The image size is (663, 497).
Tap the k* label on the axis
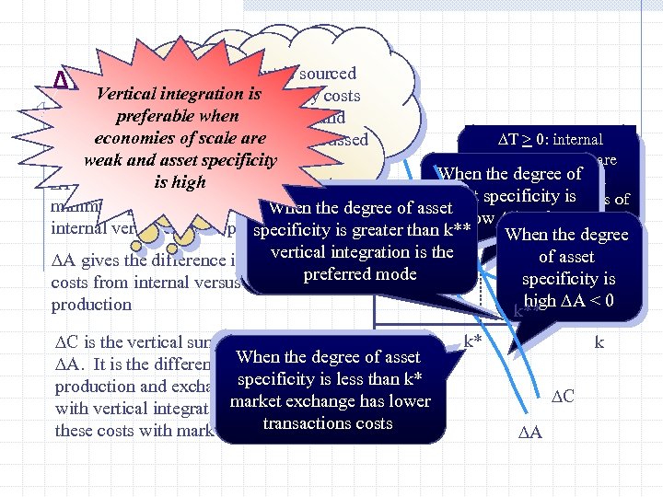pos(472,341)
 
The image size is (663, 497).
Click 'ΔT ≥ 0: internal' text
pos(550,140)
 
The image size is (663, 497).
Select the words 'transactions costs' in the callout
pos(328,422)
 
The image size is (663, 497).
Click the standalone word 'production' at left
pos(91,304)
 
